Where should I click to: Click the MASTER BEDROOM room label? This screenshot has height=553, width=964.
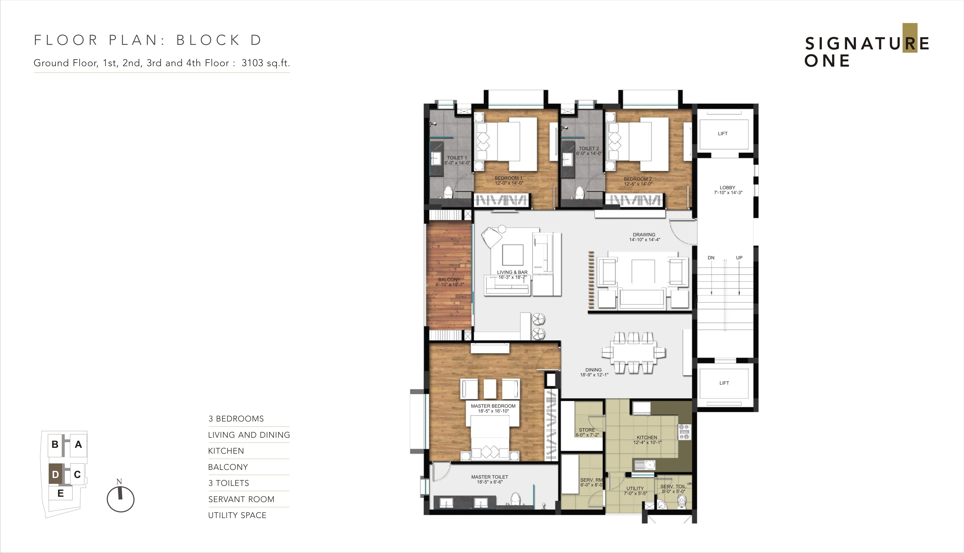[x=493, y=406]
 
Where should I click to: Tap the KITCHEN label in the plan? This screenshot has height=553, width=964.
[x=647, y=437]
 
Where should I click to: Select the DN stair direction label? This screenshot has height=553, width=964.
[x=711, y=258]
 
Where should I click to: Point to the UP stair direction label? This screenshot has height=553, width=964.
[x=739, y=258]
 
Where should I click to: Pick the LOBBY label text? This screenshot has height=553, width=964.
[x=727, y=188]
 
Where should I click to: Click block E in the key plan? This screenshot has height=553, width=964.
[x=60, y=494]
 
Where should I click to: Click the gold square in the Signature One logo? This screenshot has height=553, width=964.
[x=910, y=38]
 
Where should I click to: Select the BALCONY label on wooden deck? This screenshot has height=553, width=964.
[x=449, y=280]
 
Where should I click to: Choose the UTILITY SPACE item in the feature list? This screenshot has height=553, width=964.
[x=238, y=515]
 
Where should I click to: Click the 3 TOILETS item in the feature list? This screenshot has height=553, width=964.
[x=229, y=483]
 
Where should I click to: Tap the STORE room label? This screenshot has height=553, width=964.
[x=587, y=430]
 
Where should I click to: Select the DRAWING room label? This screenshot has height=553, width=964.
[x=644, y=235]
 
